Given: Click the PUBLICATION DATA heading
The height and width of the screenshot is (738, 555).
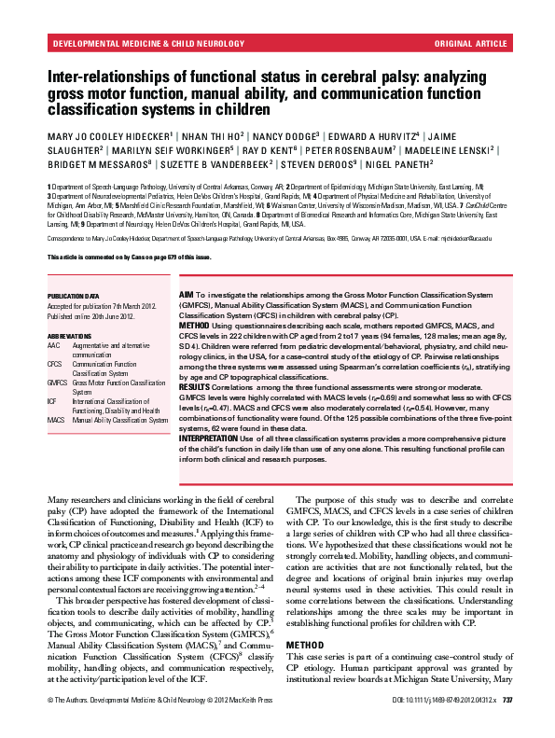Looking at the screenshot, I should [x=73, y=295].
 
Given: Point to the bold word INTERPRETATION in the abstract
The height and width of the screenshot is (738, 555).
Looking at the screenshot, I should [x=210, y=438].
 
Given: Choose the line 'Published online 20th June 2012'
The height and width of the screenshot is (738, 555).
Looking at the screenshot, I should [x=90, y=316].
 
